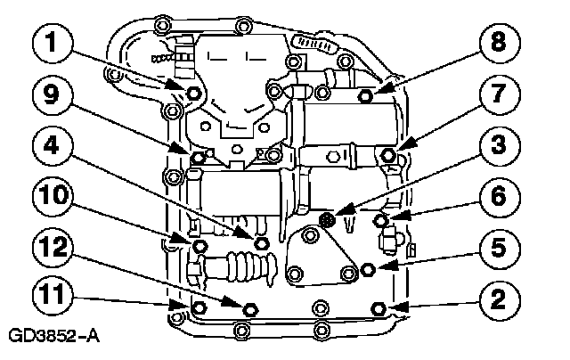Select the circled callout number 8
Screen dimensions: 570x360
(x=499, y=43)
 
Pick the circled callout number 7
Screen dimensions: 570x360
(x=499, y=94)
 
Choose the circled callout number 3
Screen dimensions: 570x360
(x=499, y=144)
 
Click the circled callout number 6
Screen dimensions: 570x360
(x=499, y=196)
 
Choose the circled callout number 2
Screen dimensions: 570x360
(x=499, y=299)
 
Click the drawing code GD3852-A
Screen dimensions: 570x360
(x=53, y=336)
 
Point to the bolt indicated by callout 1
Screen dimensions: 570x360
(x=193, y=93)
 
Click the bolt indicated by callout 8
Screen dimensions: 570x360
(x=365, y=96)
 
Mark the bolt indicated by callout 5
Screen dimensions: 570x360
(x=368, y=269)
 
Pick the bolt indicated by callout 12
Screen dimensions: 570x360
(x=249, y=309)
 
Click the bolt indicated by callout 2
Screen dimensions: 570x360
(x=379, y=308)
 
